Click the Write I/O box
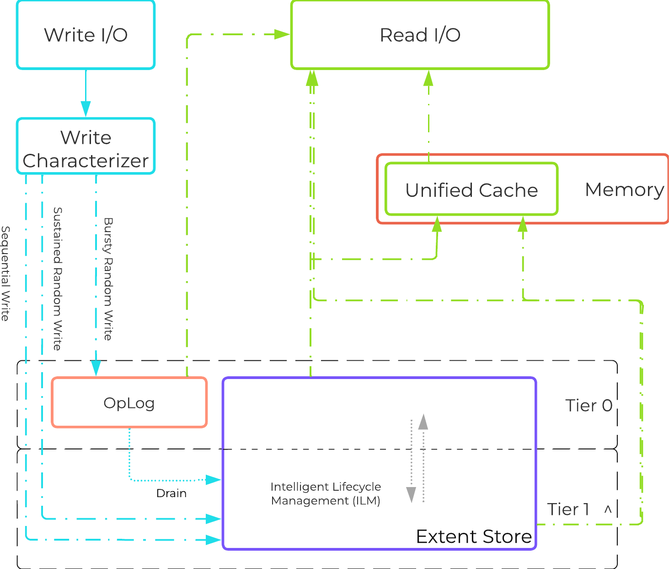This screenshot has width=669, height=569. [86, 35]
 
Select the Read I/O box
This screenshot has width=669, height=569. [420, 35]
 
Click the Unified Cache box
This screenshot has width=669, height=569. [471, 190]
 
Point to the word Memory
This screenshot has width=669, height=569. [624, 189]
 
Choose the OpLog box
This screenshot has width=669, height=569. [129, 403]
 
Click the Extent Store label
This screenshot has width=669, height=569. [474, 536]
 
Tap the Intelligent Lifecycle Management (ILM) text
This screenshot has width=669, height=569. [326, 493]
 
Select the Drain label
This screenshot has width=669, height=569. [171, 493]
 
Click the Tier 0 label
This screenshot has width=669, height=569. [589, 406]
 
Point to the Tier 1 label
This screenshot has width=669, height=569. [568, 509]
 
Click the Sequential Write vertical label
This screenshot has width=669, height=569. [5, 273]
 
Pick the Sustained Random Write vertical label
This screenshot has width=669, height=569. [57, 278]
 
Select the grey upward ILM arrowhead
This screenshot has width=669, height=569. [423, 421]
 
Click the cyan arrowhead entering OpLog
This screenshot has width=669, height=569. [96, 368]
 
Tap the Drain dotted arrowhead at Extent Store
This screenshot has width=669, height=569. [214, 480]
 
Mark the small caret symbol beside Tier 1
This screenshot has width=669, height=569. [608, 509]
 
